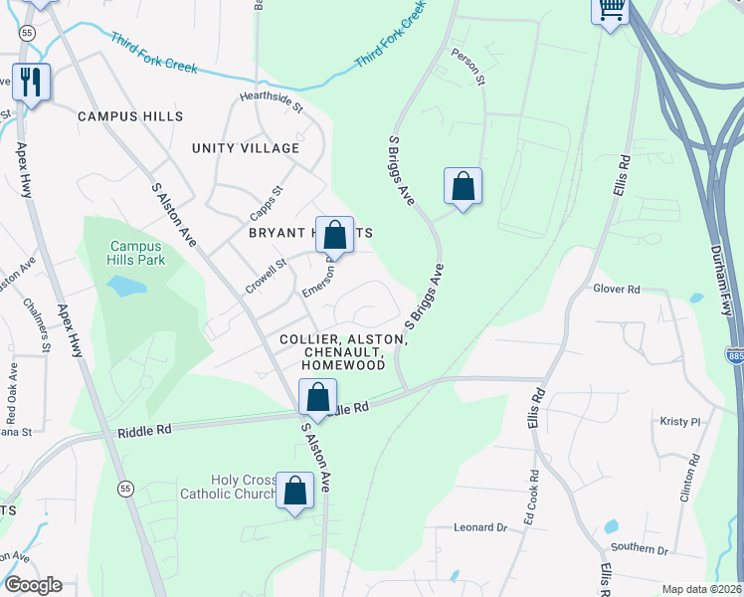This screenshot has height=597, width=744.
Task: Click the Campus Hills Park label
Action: coord(137,253)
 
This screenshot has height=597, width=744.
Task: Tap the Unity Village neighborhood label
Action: coord(246,148)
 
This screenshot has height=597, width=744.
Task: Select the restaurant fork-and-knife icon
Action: coord(32,81)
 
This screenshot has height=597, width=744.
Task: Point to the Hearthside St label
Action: coord(270,99)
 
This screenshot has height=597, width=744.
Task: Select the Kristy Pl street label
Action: coord(681,422)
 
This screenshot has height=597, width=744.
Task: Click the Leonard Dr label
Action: coord(481,527)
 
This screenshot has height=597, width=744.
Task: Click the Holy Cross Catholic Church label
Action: coord(228,487)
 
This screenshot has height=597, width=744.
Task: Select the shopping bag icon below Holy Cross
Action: coord(294,491)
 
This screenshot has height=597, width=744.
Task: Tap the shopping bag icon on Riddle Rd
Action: coord(317,398)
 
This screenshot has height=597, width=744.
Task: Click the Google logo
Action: coord(33,585)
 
